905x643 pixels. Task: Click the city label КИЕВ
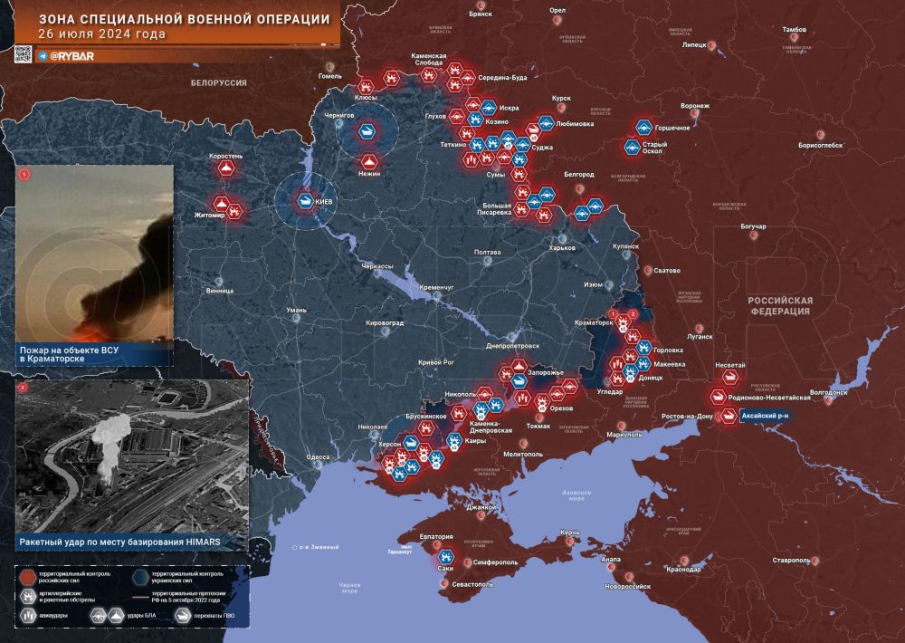pyautogui.click(x=323, y=201)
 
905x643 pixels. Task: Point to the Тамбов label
pyautogui.click(x=794, y=30)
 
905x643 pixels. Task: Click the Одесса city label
pyautogui.click(x=318, y=457)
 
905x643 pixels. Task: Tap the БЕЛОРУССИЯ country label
pyautogui.click(x=218, y=82)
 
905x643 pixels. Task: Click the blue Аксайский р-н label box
pyautogui.click(x=766, y=415)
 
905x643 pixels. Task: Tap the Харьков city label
pyautogui.click(x=562, y=248)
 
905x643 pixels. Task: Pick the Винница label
pyautogui.click(x=219, y=291)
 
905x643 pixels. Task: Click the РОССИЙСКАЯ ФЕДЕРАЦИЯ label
pyautogui.click(x=779, y=306)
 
